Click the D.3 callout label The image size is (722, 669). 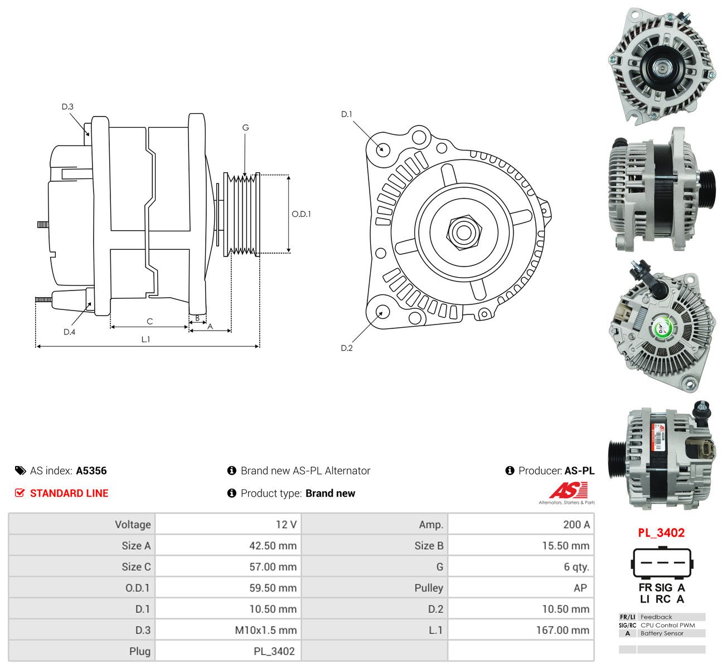[x=67, y=106]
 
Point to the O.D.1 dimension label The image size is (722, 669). [x=302, y=214]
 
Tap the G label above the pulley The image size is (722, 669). [x=245, y=127]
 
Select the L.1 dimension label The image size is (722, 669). [x=146, y=339]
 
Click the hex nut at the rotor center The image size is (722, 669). [x=463, y=232]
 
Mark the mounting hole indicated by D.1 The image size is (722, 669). [x=381, y=149]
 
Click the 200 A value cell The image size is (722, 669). [x=521, y=524]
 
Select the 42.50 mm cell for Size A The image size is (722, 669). [x=228, y=545]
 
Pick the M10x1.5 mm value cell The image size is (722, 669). [x=228, y=630]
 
